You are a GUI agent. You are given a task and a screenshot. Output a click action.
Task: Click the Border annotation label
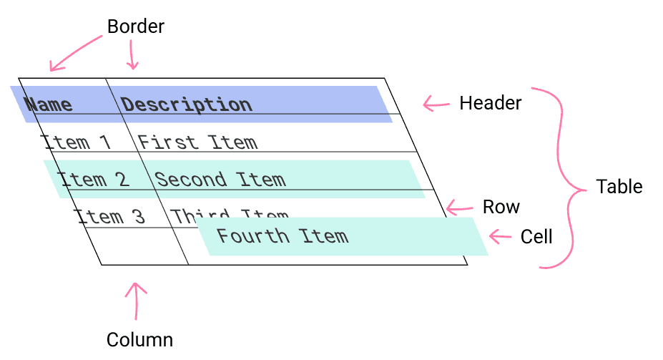(135, 27)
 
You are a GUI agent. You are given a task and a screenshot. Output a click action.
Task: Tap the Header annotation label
(490, 103)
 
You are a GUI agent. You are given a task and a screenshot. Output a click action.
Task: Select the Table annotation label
(619, 187)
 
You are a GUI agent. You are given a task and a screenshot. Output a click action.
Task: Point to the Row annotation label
(501, 207)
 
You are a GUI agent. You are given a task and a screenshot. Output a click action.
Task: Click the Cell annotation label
(536, 236)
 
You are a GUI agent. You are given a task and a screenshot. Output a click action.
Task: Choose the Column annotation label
(139, 339)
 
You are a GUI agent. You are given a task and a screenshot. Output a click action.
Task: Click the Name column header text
(49, 104)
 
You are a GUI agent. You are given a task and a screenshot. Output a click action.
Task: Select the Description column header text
(187, 104)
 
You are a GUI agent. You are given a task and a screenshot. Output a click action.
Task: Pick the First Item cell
(197, 142)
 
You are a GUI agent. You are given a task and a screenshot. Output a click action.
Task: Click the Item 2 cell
(94, 179)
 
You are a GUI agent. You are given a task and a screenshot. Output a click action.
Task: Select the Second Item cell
(220, 179)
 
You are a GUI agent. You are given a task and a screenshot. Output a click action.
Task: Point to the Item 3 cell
(110, 215)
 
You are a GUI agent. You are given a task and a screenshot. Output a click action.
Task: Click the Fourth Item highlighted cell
(283, 236)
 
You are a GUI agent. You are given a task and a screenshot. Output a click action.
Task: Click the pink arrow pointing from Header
(436, 104)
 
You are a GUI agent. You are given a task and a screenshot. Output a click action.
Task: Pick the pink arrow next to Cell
(500, 235)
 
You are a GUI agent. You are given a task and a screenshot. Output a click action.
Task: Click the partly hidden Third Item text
(229, 214)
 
